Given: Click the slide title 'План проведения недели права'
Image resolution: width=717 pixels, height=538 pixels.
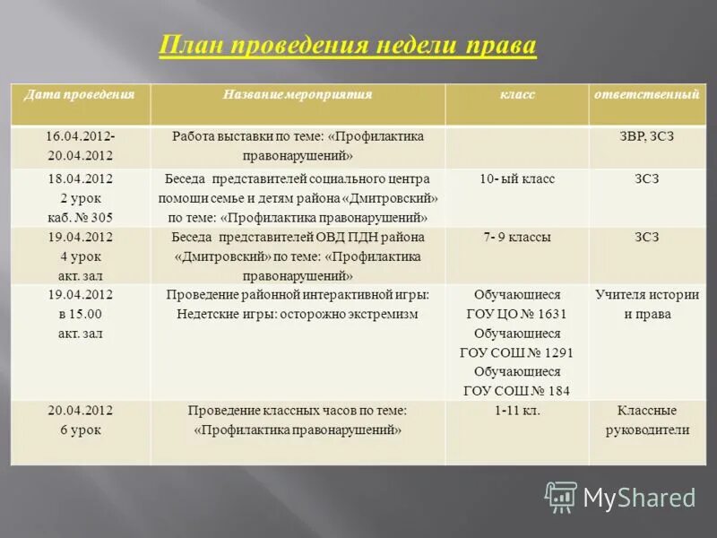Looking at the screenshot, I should (348, 46).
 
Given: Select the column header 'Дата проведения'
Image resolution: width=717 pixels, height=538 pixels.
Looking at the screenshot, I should (80, 94).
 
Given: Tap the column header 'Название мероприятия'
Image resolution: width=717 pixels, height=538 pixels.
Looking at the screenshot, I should (298, 94).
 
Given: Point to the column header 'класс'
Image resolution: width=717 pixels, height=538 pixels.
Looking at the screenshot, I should (517, 94).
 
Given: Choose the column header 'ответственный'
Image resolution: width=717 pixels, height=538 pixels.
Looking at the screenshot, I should (645, 94).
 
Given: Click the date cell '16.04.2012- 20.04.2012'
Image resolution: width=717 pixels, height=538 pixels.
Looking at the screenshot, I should (81, 146).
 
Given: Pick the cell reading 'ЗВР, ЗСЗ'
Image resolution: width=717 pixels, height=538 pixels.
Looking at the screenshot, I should (645, 136).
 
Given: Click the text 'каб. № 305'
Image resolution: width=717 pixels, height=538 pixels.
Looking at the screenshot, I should (81, 217).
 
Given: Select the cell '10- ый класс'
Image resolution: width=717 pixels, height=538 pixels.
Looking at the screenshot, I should (517, 179).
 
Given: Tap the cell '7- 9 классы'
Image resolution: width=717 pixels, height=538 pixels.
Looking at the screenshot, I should (517, 238).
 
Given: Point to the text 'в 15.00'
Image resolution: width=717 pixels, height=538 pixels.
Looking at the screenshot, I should (81, 314).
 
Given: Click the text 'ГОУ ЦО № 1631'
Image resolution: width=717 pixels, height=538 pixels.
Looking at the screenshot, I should (517, 314).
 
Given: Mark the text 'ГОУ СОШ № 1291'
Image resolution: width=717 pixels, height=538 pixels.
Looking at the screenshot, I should (517, 352).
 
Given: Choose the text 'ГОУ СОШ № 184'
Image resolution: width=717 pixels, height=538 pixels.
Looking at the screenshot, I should (517, 391).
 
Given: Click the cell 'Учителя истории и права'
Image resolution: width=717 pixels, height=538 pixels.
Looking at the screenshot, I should (645, 304).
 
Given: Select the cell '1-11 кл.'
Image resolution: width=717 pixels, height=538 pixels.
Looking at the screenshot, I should (517, 411).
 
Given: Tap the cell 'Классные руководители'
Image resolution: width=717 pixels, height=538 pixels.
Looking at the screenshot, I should (645, 421).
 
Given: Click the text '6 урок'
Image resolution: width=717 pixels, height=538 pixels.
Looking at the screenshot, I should (81, 430).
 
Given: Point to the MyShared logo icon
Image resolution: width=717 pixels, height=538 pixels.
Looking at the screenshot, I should (561, 497).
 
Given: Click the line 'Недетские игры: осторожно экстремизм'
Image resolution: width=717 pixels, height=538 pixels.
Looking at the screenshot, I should (298, 314).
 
